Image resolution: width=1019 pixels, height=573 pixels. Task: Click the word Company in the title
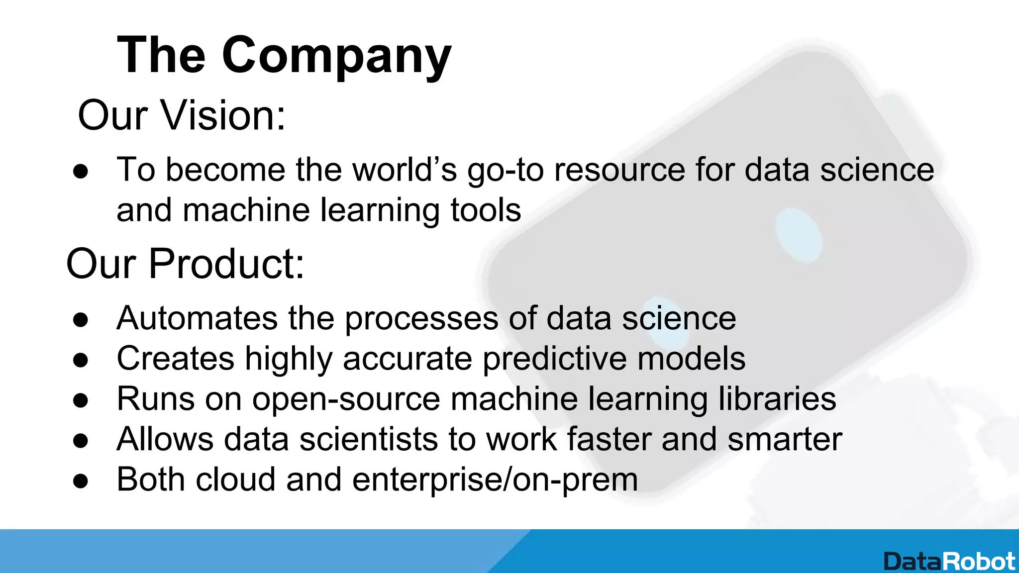pos(336,56)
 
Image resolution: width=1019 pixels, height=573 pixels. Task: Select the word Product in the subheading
pos(226,264)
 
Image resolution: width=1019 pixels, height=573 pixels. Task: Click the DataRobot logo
pos(949,562)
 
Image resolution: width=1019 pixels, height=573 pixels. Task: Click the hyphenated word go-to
pos(505,170)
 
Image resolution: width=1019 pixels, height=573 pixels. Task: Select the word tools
pos(486,210)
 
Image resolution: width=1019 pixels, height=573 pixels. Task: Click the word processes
pos(421,318)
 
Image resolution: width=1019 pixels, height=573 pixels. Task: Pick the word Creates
pos(175,359)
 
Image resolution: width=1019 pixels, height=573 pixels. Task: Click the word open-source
pos(346,399)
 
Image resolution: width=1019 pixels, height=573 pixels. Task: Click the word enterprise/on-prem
pos(495,479)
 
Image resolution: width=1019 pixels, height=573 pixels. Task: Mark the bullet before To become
pos(81,172)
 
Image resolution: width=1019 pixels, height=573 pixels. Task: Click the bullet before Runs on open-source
pos(81,400)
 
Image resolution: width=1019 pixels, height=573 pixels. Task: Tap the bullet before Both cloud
pos(81,481)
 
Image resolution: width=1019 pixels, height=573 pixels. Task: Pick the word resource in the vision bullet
pos(619,170)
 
